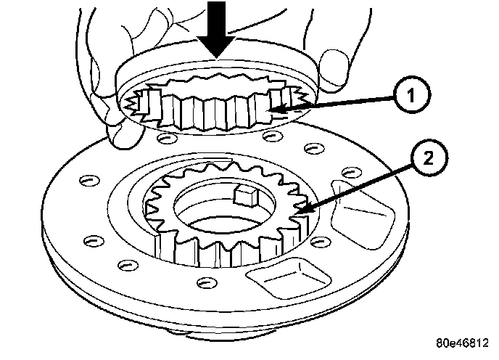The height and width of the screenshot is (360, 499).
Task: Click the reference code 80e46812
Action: coord(465,343)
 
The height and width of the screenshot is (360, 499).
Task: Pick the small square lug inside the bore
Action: coord(244,195)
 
